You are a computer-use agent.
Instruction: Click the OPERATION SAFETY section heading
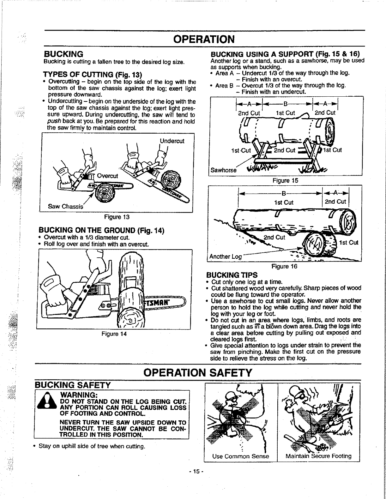point(198,373)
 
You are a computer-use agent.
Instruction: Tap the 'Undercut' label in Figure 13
point(172,141)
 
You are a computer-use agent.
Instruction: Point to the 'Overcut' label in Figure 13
point(107,176)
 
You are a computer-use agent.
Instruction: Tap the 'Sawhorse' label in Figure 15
point(223,170)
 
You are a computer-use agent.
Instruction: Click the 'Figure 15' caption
point(285,180)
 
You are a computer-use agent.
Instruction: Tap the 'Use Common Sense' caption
point(241,456)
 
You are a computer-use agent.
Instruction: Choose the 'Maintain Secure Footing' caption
point(318,456)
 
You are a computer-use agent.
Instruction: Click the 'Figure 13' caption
point(117,217)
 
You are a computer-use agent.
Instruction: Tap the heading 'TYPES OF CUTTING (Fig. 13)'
point(93,75)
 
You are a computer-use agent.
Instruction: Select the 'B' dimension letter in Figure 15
point(285,103)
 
